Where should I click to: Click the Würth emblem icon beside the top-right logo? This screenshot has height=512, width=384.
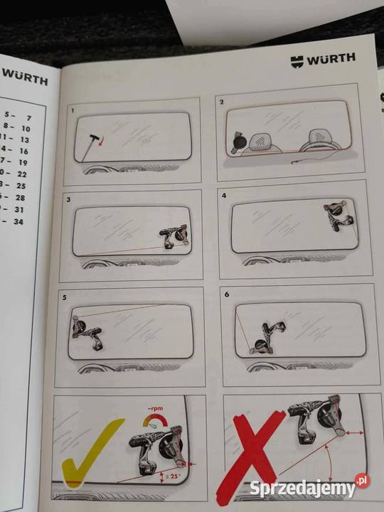pyautogui.click(x=297, y=62)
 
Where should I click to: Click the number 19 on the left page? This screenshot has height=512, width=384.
pyautogui.click(x=23, y=162)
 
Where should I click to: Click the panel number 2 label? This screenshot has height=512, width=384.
pyautogui.click(x=222, y=102)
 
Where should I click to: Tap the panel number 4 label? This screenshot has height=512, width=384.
pyautogui.click(x=224, y=194)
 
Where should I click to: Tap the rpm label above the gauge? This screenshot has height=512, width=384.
pyautogui.click(x=152, y=411)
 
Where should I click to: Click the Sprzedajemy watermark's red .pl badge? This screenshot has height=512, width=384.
pyautogui.click(x=362, y=481)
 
